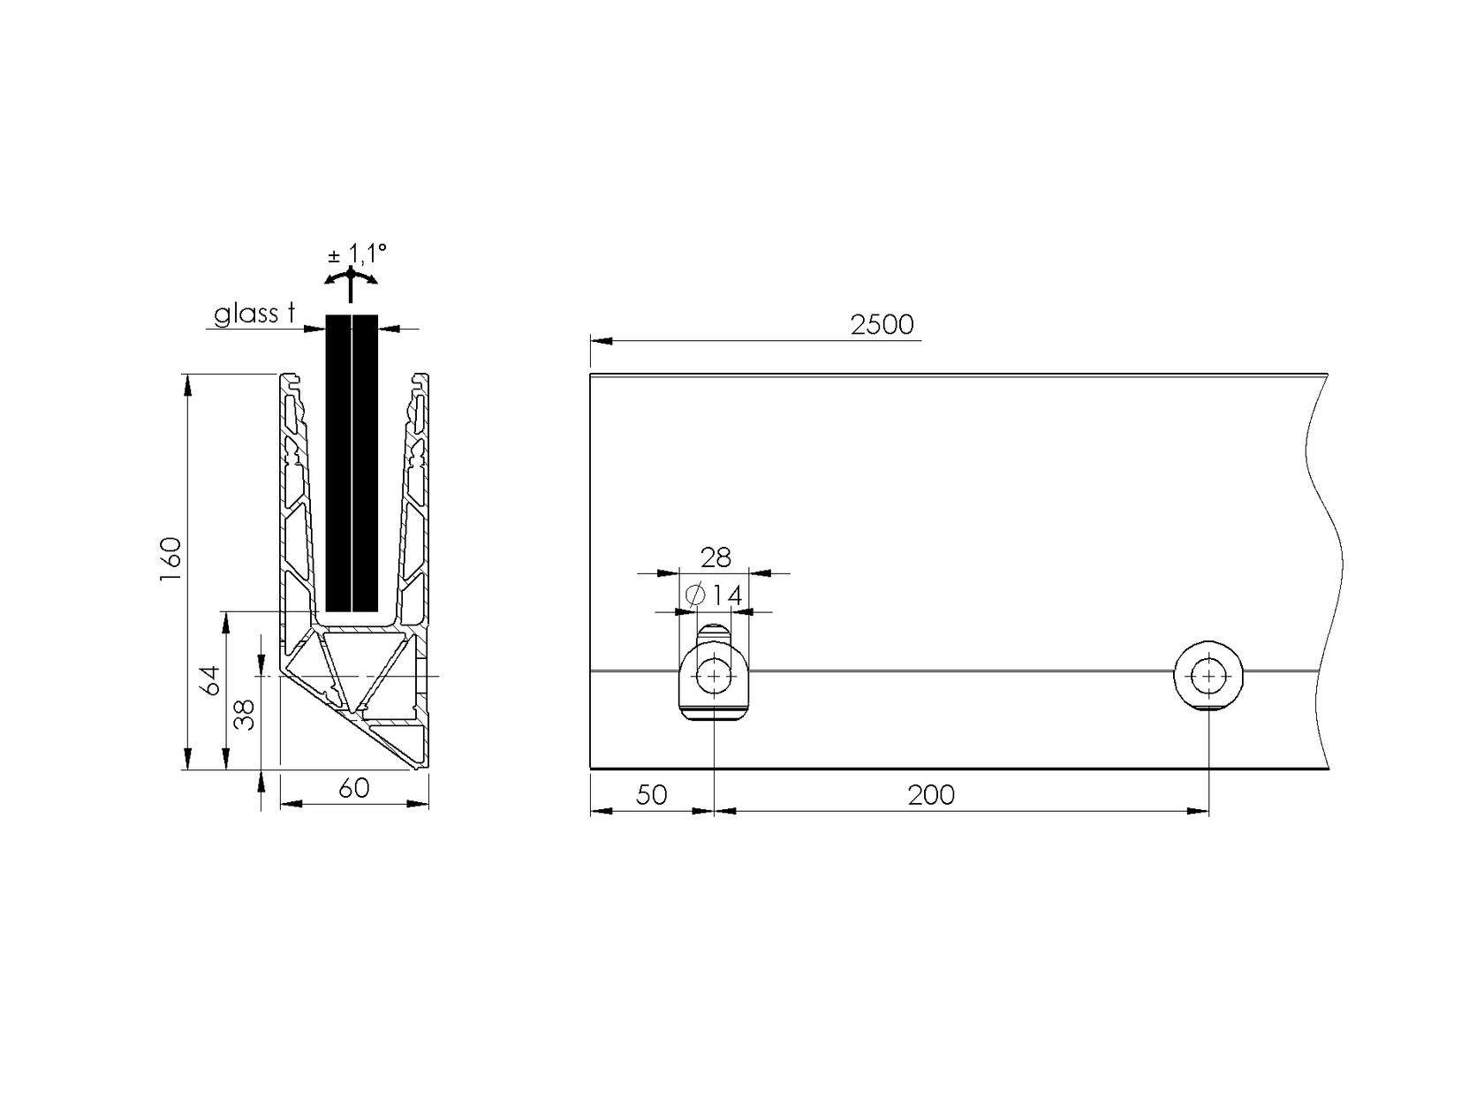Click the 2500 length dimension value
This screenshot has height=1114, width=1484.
(882, 325)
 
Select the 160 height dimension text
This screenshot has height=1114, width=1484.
(170, 558)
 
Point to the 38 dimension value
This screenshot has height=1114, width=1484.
(247, 714)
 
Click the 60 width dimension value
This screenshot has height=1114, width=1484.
(354, 788)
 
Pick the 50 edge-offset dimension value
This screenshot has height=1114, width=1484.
(651, 795)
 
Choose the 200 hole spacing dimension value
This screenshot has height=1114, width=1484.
(931, 795)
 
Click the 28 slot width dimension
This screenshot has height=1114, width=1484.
(715, 557)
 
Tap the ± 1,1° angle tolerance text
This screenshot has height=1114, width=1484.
(357, 254)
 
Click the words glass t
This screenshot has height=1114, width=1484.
(254, 314)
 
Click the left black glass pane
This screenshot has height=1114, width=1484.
(338, 462)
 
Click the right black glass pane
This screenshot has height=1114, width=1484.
(366, 462)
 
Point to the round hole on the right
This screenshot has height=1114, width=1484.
(1208, 677)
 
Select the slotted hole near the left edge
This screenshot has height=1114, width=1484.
(713, 677)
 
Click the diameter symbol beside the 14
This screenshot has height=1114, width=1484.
(694, 595)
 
